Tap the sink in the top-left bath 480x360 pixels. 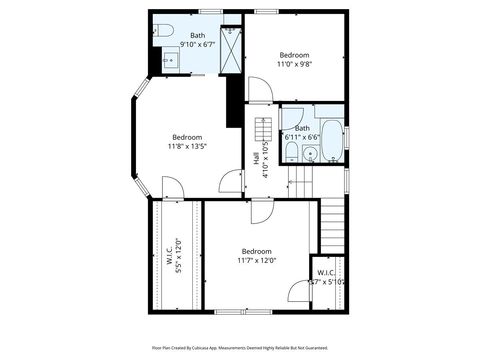[167, 61]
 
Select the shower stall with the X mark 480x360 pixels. [232, 49]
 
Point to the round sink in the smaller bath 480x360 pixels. [309, 154]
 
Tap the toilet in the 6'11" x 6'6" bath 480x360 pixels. [289, 152]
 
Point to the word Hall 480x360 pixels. [257, 158]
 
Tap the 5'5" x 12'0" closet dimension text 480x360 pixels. [178, 256]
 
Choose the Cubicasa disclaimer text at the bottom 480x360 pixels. [240, 347]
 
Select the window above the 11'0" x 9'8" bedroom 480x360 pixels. [266, 11]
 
